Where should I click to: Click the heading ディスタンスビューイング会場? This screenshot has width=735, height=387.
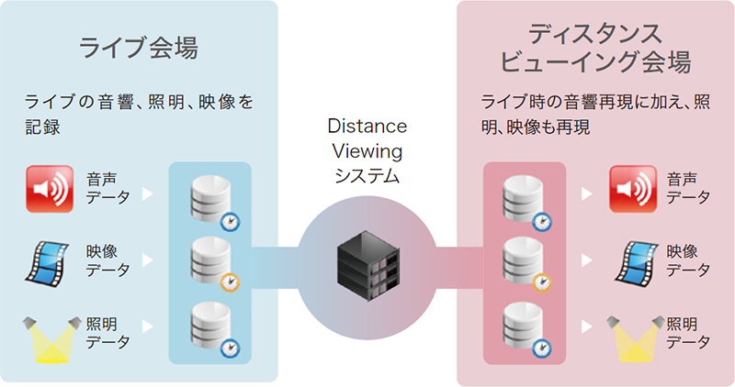coord(594,49)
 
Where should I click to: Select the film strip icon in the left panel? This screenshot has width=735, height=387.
coord(51,260)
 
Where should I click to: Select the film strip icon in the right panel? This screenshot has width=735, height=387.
coord(634,260)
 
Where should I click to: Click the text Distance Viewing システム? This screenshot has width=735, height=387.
coord(367,150)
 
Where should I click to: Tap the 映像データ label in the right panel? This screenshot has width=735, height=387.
coord(688,260)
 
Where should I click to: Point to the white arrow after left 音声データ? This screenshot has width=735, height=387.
coord(148,193)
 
